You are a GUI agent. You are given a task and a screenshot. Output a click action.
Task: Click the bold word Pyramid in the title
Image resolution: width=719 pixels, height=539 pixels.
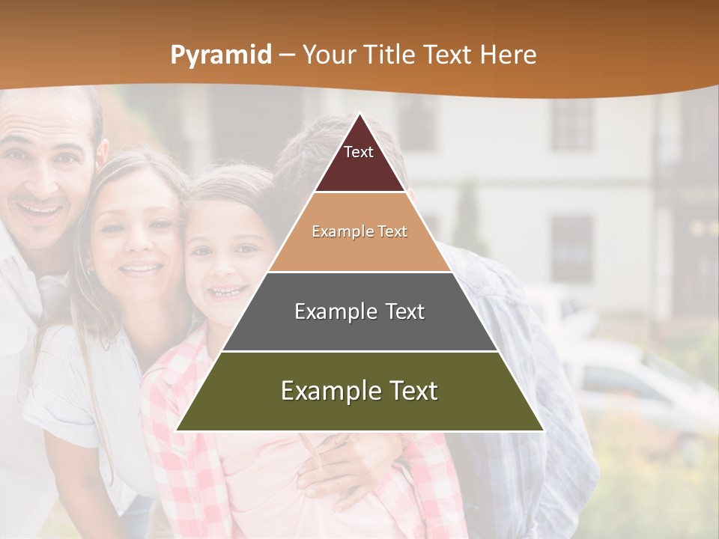pos(220,55)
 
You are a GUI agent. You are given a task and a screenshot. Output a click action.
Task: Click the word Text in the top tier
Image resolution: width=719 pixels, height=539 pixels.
pos(359,152)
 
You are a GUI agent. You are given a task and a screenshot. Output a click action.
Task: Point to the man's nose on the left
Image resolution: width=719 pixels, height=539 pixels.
pos(41,180)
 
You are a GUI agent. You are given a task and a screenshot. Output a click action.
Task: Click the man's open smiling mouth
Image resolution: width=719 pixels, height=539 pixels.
pos(39,212)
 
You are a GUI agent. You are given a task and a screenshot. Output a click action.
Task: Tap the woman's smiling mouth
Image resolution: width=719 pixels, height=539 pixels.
pos(141,267)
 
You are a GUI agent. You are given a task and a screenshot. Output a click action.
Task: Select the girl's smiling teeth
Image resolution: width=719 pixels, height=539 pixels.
pos(228,290)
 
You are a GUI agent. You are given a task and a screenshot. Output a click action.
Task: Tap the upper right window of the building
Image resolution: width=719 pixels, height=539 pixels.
pos(573,124)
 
